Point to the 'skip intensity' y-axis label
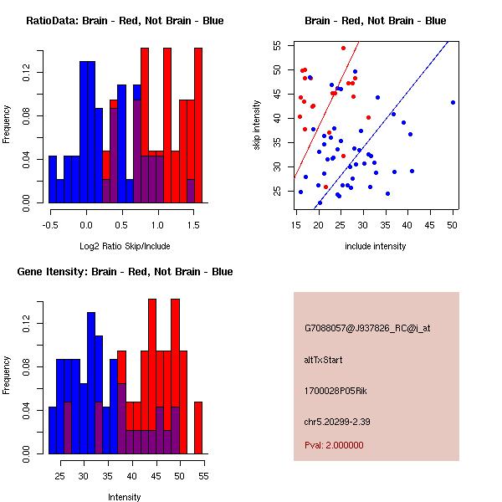click(x=258, y=125)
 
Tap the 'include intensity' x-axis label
click(x=375, y=246)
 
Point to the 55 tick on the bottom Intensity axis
click(x=203, y=477)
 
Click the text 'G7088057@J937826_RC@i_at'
click(x=367, y=329)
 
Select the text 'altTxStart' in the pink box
click(x=324, y=360)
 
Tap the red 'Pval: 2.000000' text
click(x=334, y=445)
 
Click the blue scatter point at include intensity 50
click(x=453, y=102)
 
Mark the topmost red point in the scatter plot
click(x=343, y=48)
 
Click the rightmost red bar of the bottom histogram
click(x=198, y=428)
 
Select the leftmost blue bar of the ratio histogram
click(x=53, y=179)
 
